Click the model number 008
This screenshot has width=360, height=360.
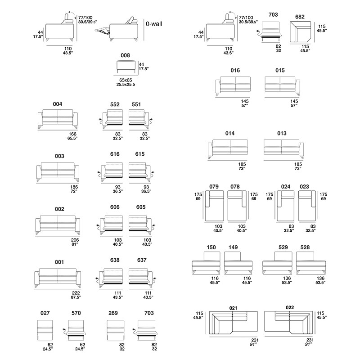click(x=126, y=55)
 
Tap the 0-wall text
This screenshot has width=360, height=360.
click(x=154, y=24)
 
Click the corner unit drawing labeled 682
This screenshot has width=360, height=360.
click(x=300, y=32)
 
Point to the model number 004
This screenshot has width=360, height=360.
click(x=58, y=104)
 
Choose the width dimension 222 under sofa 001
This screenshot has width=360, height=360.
click(x=76, y=293)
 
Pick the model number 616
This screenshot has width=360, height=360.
click(x=115, y=154)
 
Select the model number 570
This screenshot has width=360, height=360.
click(x=76, y=313)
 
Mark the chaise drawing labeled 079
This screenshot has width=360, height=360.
click(x=215, y=206)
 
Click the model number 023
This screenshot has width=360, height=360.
click(x=305, y=187)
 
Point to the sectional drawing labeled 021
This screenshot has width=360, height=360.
click(x=234, y=323)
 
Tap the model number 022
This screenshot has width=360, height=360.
click(x=290, y=307)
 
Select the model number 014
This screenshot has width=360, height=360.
click(x=230, y=133)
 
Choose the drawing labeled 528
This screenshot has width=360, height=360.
click(x=311, y=263)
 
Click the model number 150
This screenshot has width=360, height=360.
click(x=211, y=247)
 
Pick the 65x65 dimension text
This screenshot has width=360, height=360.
click(x=126, y=80)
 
